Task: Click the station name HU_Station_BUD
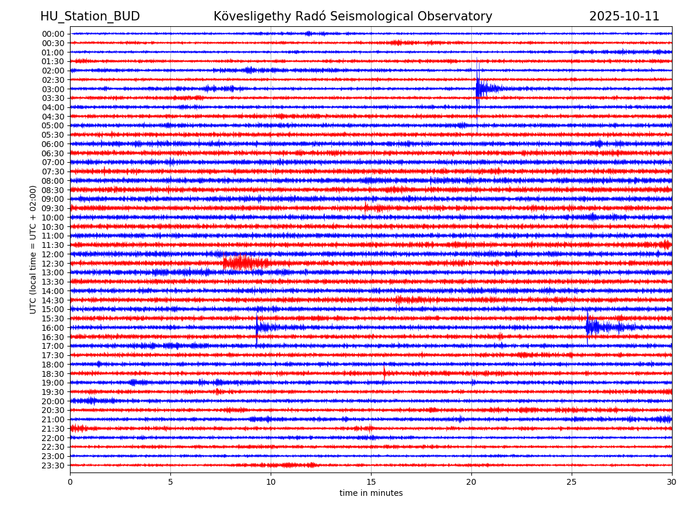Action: point(90,17)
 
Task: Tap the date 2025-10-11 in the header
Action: point(624,17)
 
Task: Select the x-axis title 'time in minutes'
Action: point(371,494)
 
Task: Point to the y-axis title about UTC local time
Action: point(33,249)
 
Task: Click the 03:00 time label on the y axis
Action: point(52,89)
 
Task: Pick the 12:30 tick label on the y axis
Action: point(52,264)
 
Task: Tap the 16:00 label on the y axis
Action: point(52,328)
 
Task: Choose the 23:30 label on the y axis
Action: point(52,466)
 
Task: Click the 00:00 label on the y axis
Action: point(52,34)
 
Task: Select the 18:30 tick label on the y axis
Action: point(52,374)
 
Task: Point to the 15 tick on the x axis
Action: point(371,482)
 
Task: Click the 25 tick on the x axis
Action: point(572,482)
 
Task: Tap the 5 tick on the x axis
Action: point(170,482)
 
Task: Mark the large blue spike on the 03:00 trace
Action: point(478,89)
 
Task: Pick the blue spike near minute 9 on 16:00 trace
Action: point(257,327)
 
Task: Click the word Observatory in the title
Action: point(458,17)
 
